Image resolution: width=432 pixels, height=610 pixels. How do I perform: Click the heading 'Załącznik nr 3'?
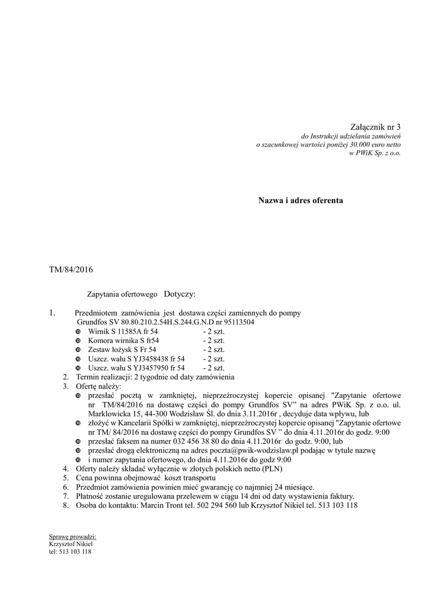tap(375, 126)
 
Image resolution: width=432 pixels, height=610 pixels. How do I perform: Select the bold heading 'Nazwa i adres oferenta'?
tap(300, 201)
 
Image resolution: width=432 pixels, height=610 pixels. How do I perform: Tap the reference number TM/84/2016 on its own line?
tap(71, 270)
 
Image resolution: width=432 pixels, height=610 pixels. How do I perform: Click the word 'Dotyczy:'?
tap(179, 294)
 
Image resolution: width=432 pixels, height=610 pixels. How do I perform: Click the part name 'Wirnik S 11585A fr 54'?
tap(123, 331)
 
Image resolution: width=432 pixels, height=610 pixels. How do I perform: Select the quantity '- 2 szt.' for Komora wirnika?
tap(213, 340)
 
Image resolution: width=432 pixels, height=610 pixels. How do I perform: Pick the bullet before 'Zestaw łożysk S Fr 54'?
tap(78, 350)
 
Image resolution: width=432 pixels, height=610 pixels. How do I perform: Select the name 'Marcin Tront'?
tap(160, 506)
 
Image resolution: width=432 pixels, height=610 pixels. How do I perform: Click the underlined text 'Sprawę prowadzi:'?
tap(72, 537)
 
